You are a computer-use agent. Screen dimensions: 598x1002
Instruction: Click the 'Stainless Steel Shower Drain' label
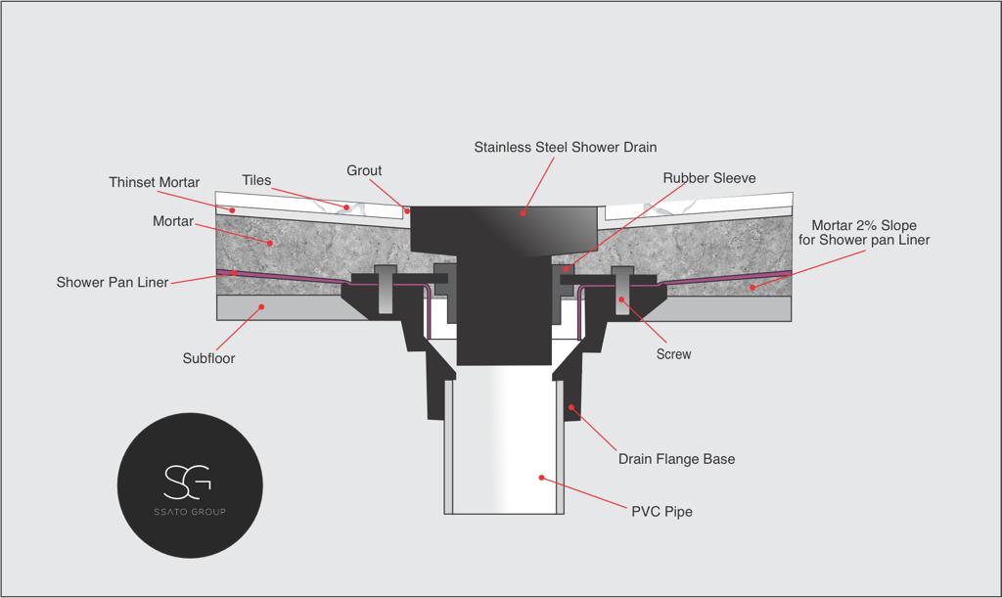pyautogui.click(x=566, y=148)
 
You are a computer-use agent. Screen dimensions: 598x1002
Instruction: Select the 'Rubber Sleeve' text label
pyautogui.click(x=709, y=178)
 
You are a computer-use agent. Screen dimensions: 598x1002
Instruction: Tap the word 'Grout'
pyautogui.click(x=364, y=170)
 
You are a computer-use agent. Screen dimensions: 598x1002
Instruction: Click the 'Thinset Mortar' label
pyautogui.click(x=154, y=182)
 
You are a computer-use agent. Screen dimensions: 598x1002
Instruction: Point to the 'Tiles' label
pyautogui.click(x=256, y=180)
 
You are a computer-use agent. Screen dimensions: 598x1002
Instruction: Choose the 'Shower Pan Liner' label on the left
pyautogui.click(x=112, y=282)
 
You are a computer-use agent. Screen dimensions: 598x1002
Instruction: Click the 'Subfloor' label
pyautogui.click(x=208, y=358)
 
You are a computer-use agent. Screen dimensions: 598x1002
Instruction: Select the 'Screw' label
pyautogui.click(x=673, y=354)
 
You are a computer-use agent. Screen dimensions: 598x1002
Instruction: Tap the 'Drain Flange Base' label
pyautogui.click(x=676, y=459)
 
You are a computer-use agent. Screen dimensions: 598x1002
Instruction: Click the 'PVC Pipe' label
pyautogui.click(x=660, y=512)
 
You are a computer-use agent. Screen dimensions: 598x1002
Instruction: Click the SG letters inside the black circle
pyautogui.click(x=189, y=480)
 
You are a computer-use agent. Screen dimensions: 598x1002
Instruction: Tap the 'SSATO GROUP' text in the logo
pyautogui.click(x=189, y=512)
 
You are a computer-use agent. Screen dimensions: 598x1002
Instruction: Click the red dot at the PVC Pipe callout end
pyautogui.click(x=540, y=478)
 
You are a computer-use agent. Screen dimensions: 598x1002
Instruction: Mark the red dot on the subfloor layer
pyautogui.click(x=260, y=307)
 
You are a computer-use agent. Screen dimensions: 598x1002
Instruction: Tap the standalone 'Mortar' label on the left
pyautogui.click(x=173, y=221)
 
